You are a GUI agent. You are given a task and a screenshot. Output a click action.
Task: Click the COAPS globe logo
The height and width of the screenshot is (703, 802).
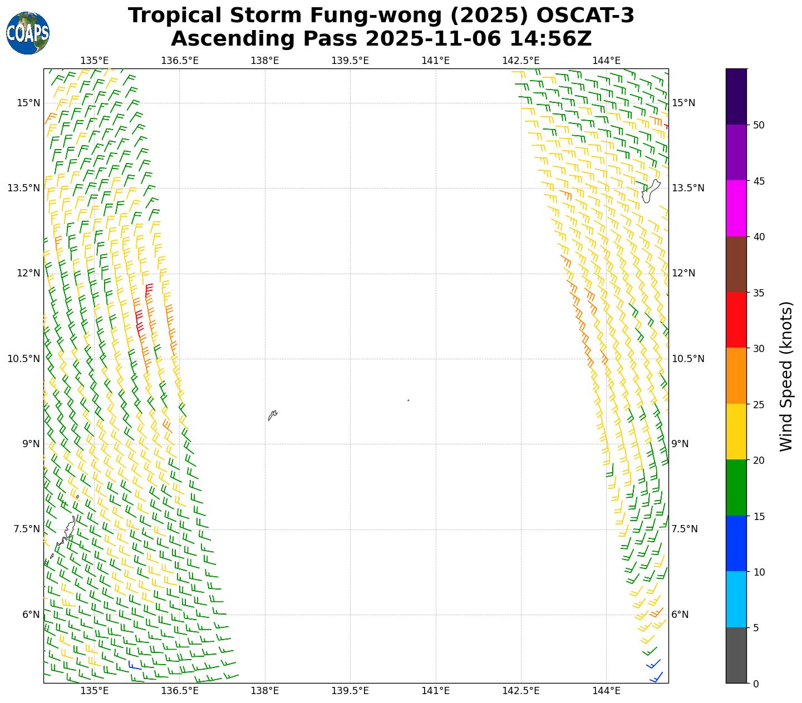click(28, 33)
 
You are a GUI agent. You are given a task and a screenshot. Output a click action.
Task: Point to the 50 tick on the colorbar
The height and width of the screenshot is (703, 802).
click(757, 125)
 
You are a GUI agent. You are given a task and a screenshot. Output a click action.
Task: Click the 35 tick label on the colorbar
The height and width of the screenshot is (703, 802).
click(757, 293)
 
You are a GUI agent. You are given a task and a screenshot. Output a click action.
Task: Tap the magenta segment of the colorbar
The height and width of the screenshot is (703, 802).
click(736, 209)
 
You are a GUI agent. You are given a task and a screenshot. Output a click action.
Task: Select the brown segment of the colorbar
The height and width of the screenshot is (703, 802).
click(736, 264)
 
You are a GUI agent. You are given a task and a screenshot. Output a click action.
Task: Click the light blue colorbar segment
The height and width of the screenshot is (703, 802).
click(736, 600)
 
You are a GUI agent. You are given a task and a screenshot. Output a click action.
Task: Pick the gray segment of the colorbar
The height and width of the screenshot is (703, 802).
click(736, 655)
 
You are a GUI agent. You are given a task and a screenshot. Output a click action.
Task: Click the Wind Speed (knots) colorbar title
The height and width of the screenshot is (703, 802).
click(786, 377)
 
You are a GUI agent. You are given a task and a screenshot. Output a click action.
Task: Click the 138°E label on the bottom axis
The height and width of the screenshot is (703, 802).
click(265, 691)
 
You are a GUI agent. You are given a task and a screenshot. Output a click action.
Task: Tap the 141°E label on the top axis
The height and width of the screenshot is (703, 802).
click(435, 60)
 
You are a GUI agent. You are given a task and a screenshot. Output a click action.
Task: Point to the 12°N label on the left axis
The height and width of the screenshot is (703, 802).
click(28, 273)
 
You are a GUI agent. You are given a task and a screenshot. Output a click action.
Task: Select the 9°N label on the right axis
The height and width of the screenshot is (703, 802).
click(680, 444)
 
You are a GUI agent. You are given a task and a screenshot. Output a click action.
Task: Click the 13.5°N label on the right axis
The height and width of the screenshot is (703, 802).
click(688, 188)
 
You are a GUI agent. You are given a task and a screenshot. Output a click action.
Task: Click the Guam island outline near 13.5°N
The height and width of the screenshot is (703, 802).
click(650, 192)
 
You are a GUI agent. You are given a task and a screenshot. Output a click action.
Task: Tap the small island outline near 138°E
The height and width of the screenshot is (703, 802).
click(272, 415)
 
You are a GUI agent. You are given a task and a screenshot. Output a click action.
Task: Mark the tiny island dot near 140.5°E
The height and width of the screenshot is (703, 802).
click(409, 400)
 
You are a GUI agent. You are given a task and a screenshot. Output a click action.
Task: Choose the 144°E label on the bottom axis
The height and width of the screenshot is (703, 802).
click(606, 691)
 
